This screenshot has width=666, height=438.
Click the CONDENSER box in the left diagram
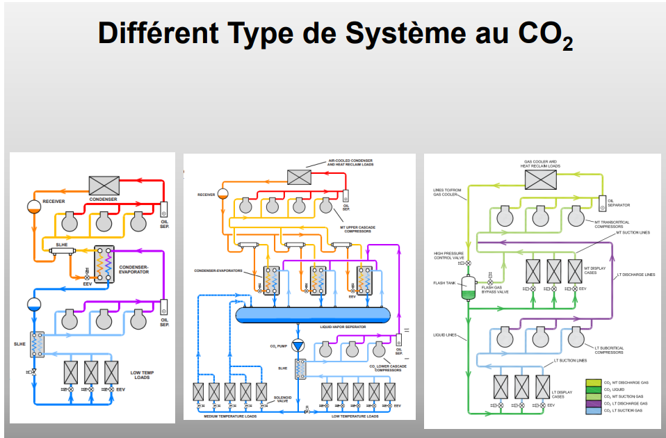104,185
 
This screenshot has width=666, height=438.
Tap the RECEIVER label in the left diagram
54,201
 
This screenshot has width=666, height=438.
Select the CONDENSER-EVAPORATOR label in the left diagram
133,268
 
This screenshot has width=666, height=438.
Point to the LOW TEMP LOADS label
142,375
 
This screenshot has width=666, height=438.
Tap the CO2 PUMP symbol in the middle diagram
299,346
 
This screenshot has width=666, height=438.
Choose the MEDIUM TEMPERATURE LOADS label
230,416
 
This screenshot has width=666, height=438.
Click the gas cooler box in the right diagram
540,180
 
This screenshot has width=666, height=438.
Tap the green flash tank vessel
467,289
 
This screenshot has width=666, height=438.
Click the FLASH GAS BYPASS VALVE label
495,289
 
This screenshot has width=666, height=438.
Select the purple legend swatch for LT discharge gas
593,403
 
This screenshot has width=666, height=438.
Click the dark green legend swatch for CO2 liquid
593,390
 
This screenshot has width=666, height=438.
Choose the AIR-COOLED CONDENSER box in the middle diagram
300,177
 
